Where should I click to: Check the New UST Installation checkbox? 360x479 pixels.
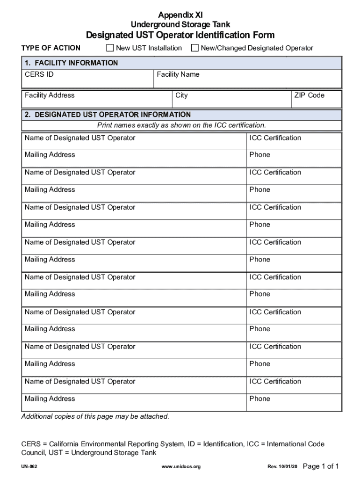tap(110, 48)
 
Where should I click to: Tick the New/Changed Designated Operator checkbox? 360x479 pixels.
tap(195, 48)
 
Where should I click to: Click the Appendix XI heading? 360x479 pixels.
tap(180, 15)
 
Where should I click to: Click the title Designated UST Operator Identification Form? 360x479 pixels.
tap(180, 35)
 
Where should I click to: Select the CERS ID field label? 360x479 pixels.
tap(36, 74)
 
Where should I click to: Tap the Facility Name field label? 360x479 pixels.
tap(178, 74)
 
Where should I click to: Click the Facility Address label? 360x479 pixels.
tap(50, 95)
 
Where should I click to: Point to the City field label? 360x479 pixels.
tap(181, 95)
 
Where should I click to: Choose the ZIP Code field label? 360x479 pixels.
tap(309, 95)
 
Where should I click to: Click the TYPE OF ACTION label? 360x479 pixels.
tap(51, 48)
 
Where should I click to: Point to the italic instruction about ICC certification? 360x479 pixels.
tap(181, 125)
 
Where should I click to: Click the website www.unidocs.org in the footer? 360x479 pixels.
tap(180, 467)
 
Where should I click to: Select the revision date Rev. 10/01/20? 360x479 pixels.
tap(282, 467)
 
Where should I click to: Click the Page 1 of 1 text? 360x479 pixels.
tap(321, 466)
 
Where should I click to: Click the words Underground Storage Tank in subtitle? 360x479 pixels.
tap(180, 24)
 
